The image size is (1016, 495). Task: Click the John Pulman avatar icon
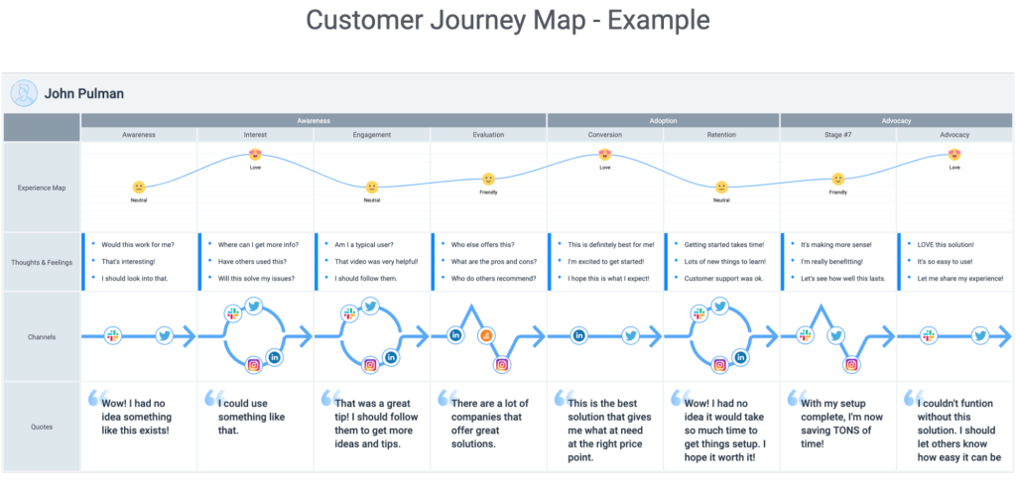[x=24, y=93]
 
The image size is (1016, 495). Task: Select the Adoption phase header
[x=663, y=120]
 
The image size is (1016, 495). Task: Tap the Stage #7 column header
[x=837, y=135]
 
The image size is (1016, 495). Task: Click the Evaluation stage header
[x=488, y=135]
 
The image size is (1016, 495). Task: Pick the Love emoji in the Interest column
[x=256, y=155]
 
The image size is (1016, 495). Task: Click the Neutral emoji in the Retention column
[x=721, y=186]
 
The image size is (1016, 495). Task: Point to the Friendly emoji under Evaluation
[x=488, y=180]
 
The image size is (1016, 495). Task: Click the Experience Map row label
[x=41, y=186]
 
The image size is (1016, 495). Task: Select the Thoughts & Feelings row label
[x=41, y=262]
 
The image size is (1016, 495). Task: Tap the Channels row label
[x=41, y=337]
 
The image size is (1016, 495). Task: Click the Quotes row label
[x=41, y=428]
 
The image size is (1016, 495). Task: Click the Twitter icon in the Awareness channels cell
[x=165, y=336]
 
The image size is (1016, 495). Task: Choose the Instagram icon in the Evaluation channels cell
[x=502, y=365]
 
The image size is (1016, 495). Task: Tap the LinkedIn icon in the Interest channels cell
[x=275, y=357]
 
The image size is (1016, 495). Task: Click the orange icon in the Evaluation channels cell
[x=487, y=336]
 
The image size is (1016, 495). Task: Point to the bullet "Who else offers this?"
[x=481, y=244]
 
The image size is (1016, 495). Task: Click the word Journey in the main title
[x=507, y=21]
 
